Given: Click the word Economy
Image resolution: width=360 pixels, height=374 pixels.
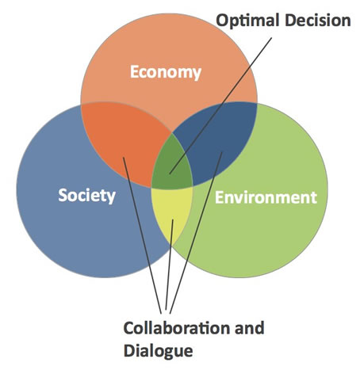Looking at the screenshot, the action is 166,72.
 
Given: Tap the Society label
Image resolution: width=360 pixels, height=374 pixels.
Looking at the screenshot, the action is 86,196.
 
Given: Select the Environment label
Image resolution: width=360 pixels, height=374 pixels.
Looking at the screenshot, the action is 266,197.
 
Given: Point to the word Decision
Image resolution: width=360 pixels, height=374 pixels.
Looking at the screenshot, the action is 317,20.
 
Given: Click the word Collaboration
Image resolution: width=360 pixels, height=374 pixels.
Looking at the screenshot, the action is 177,328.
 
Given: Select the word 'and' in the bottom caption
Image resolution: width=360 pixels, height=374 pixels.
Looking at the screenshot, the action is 249,328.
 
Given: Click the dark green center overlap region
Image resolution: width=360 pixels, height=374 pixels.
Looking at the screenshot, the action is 172,165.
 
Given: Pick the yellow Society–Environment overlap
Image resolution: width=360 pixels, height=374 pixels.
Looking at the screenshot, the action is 171,212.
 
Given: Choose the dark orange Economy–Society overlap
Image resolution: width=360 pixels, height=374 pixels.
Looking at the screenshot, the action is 124,140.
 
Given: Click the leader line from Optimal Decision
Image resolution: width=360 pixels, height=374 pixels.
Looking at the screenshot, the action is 220,106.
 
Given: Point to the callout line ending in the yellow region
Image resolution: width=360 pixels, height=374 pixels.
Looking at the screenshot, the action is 169,265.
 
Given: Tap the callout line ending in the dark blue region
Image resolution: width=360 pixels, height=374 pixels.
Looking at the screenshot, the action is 196,233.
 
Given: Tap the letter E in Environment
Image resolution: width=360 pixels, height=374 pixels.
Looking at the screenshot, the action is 220,197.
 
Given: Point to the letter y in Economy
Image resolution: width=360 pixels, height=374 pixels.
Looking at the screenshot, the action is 196,74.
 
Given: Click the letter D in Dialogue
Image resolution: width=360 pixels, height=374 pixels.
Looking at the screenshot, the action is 129,350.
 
